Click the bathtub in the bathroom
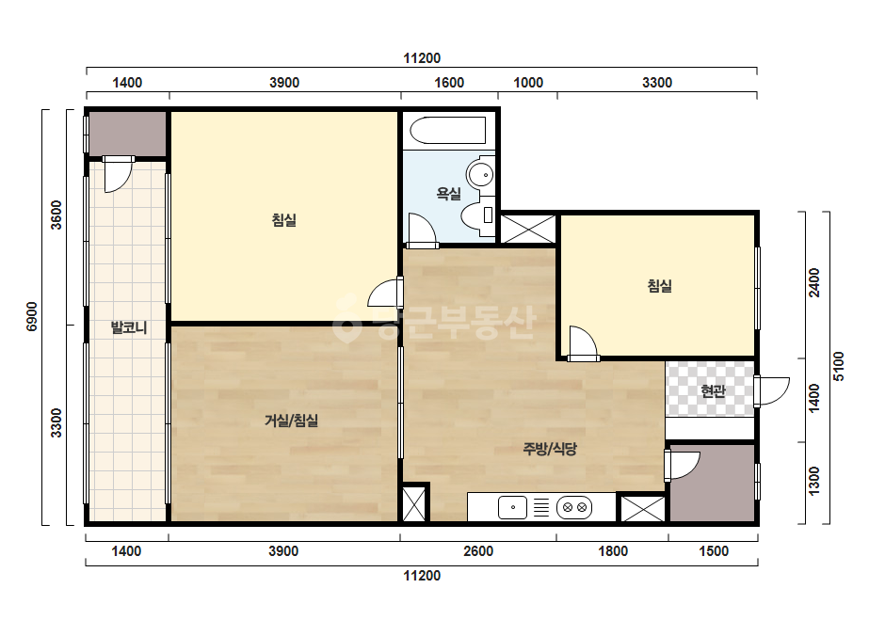(448, 130)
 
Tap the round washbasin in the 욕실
(480, 174)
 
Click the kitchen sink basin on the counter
(512, 507)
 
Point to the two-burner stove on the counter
(574, 507)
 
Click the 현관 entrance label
(713, 391)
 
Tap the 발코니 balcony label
(129, 327)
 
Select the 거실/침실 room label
(291, 421)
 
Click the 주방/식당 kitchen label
(550, 448)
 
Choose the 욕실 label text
(448, 194)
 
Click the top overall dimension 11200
(422, 58)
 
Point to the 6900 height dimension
(32, 317)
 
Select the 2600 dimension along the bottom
(478, 551)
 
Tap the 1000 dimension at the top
(528, 83)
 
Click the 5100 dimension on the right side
(839, 366)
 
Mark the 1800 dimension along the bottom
(613, 551)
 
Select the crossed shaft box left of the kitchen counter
(413, 503)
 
